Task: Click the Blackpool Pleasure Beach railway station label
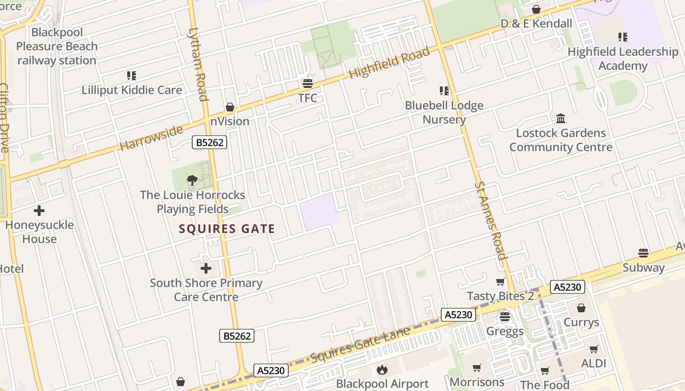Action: (x=57, y=46)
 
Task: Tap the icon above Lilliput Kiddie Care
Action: (x=131, y=76)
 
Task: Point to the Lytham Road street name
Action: (x=198, y=64)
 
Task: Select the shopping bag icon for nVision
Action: (x=229, y=107)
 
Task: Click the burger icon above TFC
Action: (x=307, y=83)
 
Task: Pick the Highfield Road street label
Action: (x=390, y=64)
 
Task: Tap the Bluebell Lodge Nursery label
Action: (x=444, y=112)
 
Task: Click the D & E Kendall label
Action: (x=536, y=23)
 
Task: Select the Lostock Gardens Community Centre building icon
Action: (x=561, y=118)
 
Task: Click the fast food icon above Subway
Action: (x=643, y=253)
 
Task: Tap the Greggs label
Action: (x=505, y=331)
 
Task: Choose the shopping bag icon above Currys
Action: (x=581, y=308)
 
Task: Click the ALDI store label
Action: (x=594, y=363)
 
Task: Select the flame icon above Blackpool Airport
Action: (x=382, y=369)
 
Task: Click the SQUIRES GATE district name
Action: (x=227, y=229)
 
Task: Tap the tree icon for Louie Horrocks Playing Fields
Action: (x=192, y=180)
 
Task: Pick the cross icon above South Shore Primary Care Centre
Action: (x=206, y=268)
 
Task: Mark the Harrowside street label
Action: (x=151, y=138)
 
